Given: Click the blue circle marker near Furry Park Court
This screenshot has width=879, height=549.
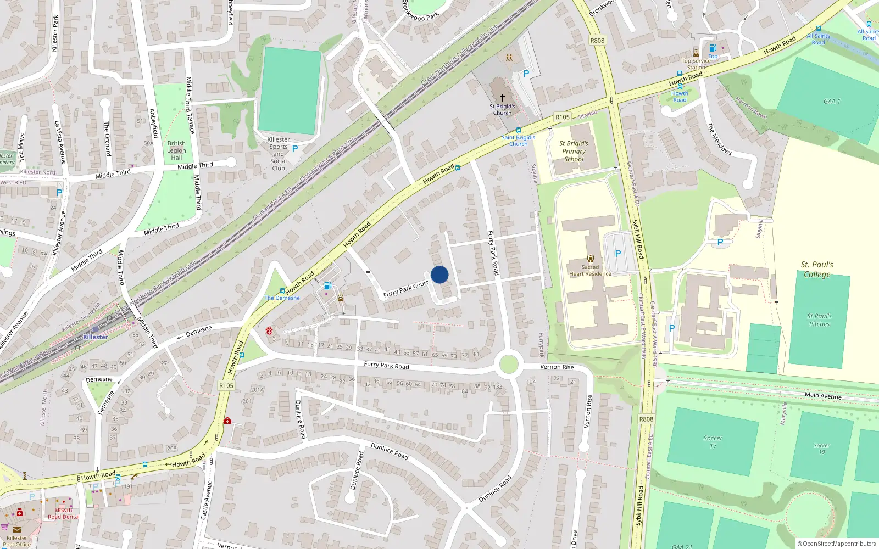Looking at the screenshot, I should pyautogui.click(x=439, y=274).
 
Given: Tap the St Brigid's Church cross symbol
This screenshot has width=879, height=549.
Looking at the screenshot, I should pyautogui.click(x=502, y=97).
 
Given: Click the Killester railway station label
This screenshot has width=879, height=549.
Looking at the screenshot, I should pyautogui.click(x=96, y=337).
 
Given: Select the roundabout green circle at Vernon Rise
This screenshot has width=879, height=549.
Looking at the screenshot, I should pyautogui.click(x=509, y=364).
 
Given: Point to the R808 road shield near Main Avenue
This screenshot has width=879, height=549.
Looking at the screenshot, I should pyautogui.click(x=646, y=419).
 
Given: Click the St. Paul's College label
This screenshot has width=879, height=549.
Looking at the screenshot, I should pyautogui.click(x=817, y=269).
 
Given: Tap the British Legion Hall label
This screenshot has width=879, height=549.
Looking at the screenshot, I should pyautogui.click(x=176, y=150).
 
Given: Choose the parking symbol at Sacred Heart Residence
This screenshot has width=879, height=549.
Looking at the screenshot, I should pyautogui.click(x=618, y=254).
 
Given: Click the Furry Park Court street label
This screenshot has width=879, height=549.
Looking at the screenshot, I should pyautogui.click(x=406, y=289).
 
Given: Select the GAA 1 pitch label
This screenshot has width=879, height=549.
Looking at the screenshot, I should pyautogui.click(x=832, y=101).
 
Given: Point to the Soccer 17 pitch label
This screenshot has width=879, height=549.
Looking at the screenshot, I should pyautogui.click(x=713, y=441).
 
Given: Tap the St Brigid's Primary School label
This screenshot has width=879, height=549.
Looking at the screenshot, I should pyautogui.click(x=574, y=151).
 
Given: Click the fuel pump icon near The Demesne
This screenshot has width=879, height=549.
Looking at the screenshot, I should pyautogui.click(x=328, y=285).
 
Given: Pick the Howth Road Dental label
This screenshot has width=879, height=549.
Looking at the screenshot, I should pyautogui.click(x=63, y=513).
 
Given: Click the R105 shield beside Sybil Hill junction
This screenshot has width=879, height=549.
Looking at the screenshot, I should pyautogui.click(x=562, y=117).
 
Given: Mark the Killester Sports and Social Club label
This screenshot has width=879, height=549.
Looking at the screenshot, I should pyautogui.click(x=279, y=154).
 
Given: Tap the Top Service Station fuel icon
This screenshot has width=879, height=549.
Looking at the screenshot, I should pyautogui.click(x=713, y=48).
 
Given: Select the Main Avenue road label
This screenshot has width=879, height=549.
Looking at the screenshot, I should pyautogui.click(x=822, y=395).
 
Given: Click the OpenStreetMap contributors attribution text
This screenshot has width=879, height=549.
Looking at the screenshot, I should pyautogui.click(x=836, y=544).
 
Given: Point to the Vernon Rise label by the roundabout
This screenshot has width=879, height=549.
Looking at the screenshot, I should pyautogui.click(x=557, y=367).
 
